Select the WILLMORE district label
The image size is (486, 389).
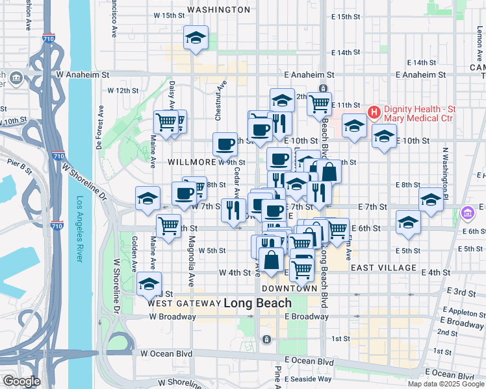point(192,162)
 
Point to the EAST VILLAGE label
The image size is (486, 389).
point(383,267)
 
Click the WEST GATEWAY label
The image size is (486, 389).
point(184,303)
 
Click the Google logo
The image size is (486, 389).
point(21,381)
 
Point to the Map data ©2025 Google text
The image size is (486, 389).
point(445,384)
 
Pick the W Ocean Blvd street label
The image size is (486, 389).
point(166,354)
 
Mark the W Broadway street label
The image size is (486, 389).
point(172,317)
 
